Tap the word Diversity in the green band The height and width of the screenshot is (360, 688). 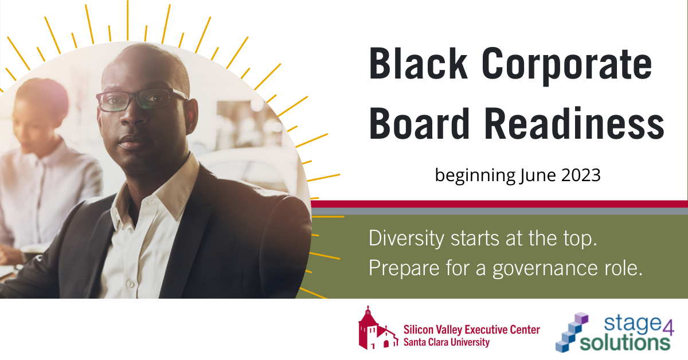click(x=406, y=239)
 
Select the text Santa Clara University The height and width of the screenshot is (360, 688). click(x=447, y=342)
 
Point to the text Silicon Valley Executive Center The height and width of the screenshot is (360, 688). click(x=471, y=330)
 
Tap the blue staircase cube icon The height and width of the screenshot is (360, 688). click(x=573, y=332)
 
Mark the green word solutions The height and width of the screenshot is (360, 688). click(x=625, y=342)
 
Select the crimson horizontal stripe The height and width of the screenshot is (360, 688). click(x=499, y=204)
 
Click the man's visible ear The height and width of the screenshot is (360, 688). click(x=192, y=115)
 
